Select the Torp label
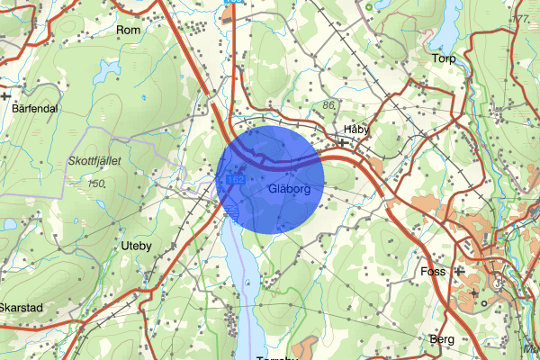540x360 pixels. point(444,59)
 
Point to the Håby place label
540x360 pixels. point(357,129)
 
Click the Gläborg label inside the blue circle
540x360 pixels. point(289,190)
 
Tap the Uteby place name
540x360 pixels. point(139,244)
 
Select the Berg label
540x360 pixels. point(442,339)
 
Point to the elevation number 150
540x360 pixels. point(98,184)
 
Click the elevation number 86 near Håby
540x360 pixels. point(327,106)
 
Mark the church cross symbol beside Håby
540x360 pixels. point(343,141)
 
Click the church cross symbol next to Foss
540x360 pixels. point(459,270)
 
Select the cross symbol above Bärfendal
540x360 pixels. point(6,94)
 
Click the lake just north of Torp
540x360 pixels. point(445,36)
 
